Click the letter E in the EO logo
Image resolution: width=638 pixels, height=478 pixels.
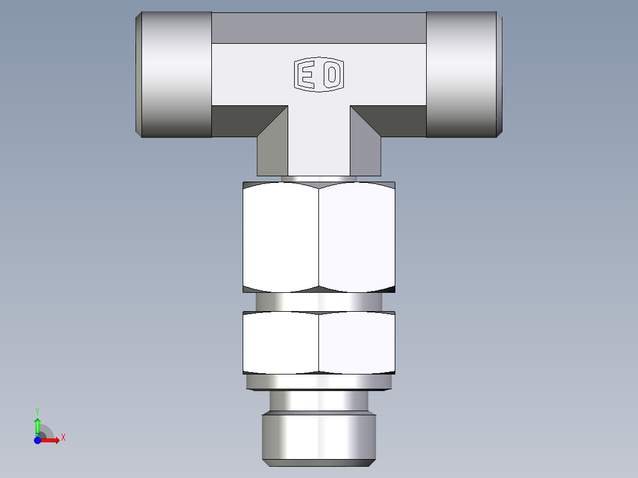(307, 75)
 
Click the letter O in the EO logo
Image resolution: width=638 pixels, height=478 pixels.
(332, 75)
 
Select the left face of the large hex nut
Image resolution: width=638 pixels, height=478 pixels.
(281, 237)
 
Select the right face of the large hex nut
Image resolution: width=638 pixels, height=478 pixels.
(357, 237)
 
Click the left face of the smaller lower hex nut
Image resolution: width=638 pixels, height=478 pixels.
(281, 343)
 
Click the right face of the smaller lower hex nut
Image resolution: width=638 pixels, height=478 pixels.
(357, 343)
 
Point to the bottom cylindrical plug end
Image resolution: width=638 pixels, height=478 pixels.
(318, 438)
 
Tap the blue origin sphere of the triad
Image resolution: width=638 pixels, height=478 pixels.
(37, 440)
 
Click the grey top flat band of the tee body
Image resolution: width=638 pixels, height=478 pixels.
(318, 28)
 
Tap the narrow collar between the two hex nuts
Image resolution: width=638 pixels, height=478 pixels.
(318, 302)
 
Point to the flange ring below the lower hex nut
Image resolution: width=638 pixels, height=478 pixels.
(318, 383)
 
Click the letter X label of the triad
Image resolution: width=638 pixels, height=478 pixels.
(63, 438)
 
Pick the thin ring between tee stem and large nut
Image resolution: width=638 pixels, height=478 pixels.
(318, 179)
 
